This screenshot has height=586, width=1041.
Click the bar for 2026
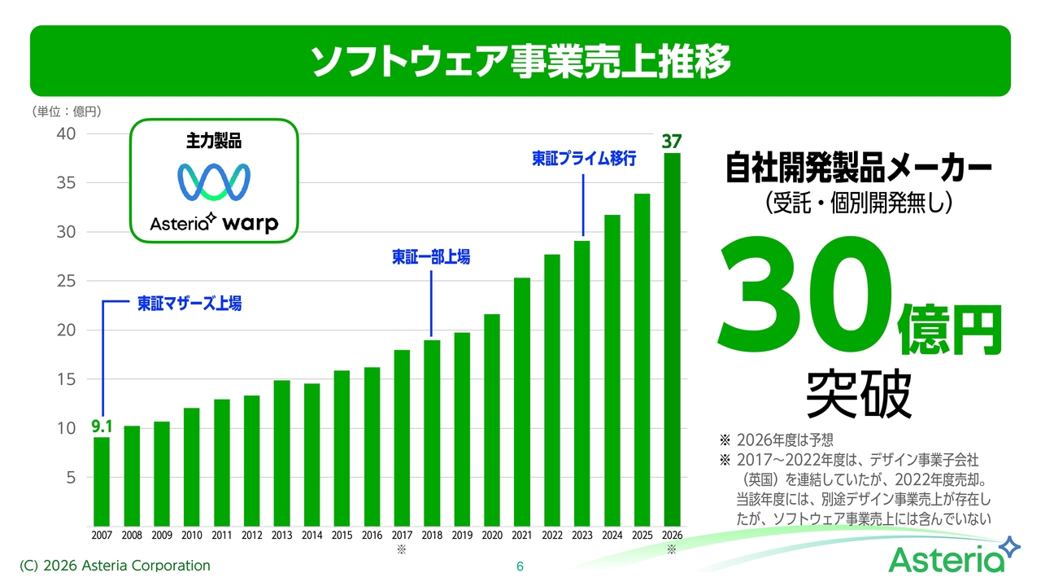coord(672,339)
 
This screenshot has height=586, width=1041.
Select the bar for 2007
coord(102,482)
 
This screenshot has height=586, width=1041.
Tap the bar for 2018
coord(432,434)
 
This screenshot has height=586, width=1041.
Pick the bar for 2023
coord(581,383)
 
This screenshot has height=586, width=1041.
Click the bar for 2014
coord(311,455)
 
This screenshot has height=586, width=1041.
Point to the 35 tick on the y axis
coord(66,183)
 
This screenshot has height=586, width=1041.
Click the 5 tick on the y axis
coord(71,478)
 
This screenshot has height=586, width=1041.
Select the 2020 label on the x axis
coord(492,536)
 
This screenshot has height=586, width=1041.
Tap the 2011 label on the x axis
coord(222,536)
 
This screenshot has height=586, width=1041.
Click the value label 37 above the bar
coord(672,142)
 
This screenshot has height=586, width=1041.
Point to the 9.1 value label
coord(102,426)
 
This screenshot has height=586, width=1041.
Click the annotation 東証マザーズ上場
coord(189,304)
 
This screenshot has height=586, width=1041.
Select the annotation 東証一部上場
coord(431,256)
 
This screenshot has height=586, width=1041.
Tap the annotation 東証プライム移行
coord(584,159)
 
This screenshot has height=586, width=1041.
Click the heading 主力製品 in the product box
coord(214,141)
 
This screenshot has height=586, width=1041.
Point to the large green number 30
coord(805,292)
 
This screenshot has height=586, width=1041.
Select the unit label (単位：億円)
coord(67,112)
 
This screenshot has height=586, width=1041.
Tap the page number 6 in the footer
coord(520,566)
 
